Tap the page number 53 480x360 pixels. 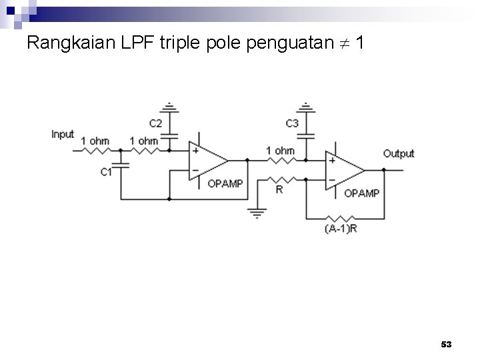coord(446,344)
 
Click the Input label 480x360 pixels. coord(63,134)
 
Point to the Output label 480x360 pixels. coord(399,153)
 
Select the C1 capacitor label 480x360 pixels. coord(106,172)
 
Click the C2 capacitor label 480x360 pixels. coord(155,123)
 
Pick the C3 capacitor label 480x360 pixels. coord(292,123)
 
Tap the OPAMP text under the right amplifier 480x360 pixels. coord(361,193)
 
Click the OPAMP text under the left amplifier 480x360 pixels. coord(225,183)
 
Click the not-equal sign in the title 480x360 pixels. coord(344,45)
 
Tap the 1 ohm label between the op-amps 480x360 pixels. coord(280,151)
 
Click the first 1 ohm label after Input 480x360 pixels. coord(95,141)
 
